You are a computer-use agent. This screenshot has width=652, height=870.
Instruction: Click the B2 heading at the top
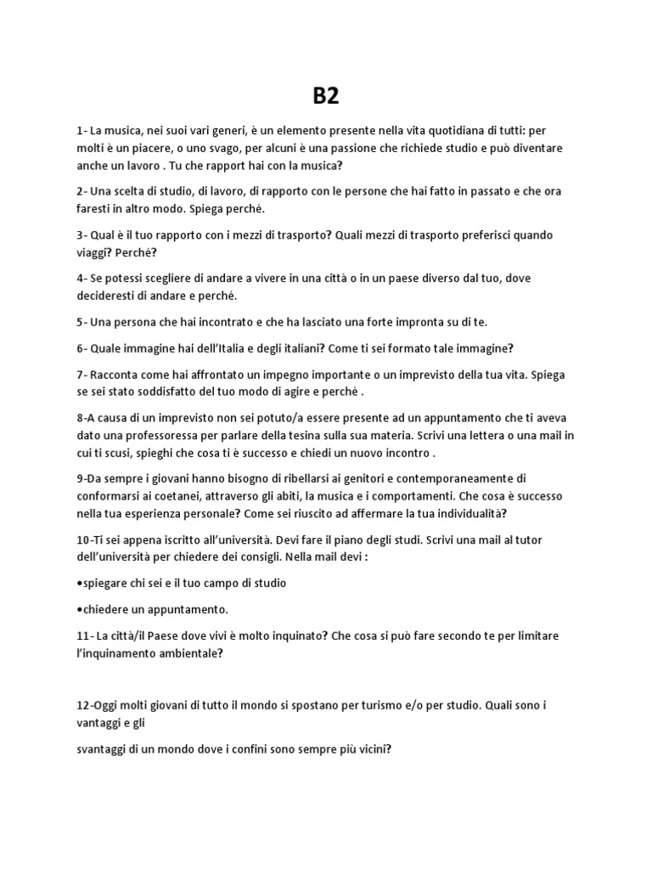pos(325,96)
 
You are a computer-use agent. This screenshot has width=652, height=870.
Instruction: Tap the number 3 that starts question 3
pos(79,234)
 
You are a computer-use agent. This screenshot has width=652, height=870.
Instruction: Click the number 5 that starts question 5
pos(79,322)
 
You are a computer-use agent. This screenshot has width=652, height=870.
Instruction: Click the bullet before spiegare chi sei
pos(79,583)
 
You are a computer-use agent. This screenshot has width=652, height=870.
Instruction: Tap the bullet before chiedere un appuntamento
pos(79,609)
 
